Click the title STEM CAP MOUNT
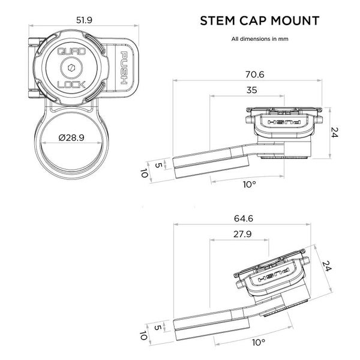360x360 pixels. [x=259, y=22]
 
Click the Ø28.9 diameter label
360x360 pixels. [x=73, y=138]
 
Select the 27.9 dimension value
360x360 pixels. [x=238, y=234]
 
